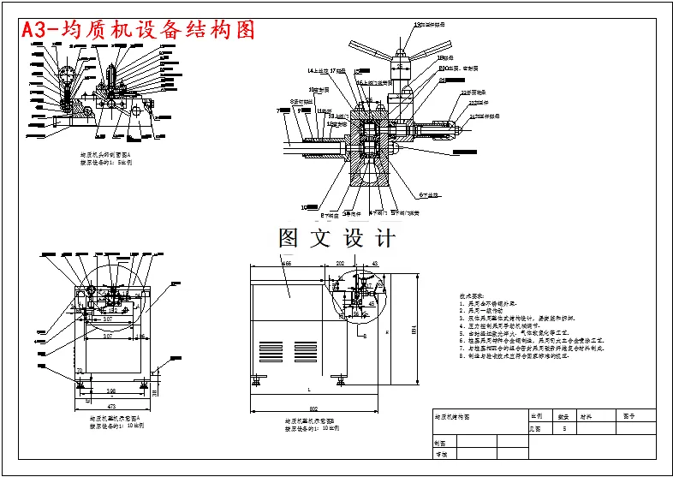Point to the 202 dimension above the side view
(x=340, y=265)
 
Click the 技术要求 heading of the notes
(x=472, y=295)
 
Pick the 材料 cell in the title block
(x=587, y=416)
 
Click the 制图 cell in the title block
(x=440, y=444)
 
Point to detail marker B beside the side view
(x=363, y=337)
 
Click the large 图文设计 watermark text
(x=336, y=238)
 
